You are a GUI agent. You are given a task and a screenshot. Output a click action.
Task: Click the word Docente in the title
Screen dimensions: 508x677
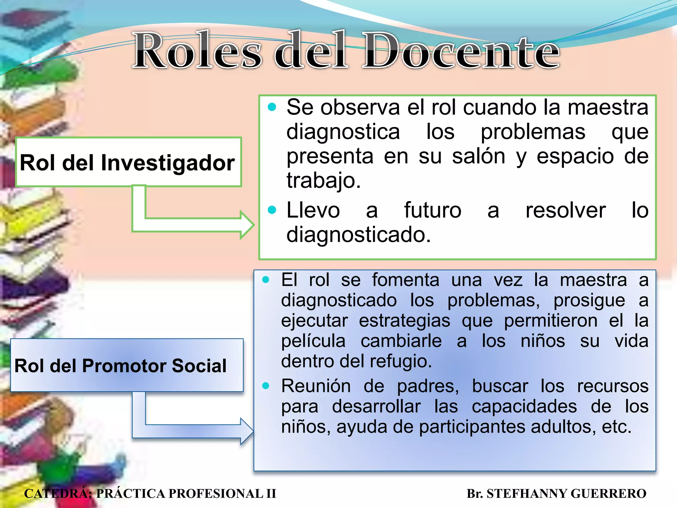461,51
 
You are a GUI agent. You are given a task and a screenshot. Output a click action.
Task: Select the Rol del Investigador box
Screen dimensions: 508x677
128,162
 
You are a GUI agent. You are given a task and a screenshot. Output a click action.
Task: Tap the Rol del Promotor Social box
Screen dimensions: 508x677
127,365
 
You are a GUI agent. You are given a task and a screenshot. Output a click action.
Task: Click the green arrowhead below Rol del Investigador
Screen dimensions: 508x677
246,225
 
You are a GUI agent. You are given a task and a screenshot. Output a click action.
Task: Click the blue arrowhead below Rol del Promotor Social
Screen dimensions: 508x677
247,431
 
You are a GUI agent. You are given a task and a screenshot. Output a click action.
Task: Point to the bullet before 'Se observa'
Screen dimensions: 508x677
272,107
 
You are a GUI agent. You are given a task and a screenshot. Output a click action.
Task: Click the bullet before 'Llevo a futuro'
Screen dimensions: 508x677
272,210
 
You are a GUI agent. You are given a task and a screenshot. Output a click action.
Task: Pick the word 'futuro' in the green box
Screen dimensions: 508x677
432,210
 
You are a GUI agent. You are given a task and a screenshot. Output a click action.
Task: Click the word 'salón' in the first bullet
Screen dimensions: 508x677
478,156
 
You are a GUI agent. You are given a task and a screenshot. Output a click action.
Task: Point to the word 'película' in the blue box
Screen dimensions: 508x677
313,341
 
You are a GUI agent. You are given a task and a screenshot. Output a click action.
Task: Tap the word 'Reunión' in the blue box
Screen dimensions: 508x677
316,386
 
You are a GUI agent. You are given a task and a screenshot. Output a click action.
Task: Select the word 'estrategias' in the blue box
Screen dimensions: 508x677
405,320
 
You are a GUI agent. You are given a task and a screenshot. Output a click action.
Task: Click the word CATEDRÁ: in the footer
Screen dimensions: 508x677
58,493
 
